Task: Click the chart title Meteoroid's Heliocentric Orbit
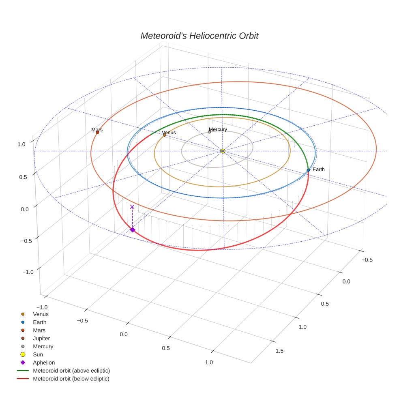click(x=199, y=36)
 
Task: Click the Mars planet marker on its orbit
click(x=97, y=133)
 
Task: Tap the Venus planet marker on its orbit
click(x=164, y=135)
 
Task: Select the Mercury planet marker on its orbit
click(x=209, y=132)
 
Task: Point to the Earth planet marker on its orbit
click(x=308, y=170)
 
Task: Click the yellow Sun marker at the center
click(x=223, y=151)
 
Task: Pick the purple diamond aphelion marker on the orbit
click(x=132, y=230)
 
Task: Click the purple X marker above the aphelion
click(x=132, y=207)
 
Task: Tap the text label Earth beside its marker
click(x=318, y=169)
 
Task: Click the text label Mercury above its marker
click(x=218, y=129)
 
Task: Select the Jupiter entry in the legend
click(x=41, y=338)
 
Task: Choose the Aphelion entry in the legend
click(x=43, y=363)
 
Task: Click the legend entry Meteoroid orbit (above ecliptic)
click(x=71, y=371)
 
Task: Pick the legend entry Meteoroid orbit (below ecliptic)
click(x=71, y=379)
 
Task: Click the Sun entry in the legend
click(x=38, y=354)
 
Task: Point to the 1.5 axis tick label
click(x=279, y=351)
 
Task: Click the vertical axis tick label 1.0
click(x=21, y=144)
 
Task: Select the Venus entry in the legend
click(x=41, y=314)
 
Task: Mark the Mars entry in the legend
click(x=39, y=330)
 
